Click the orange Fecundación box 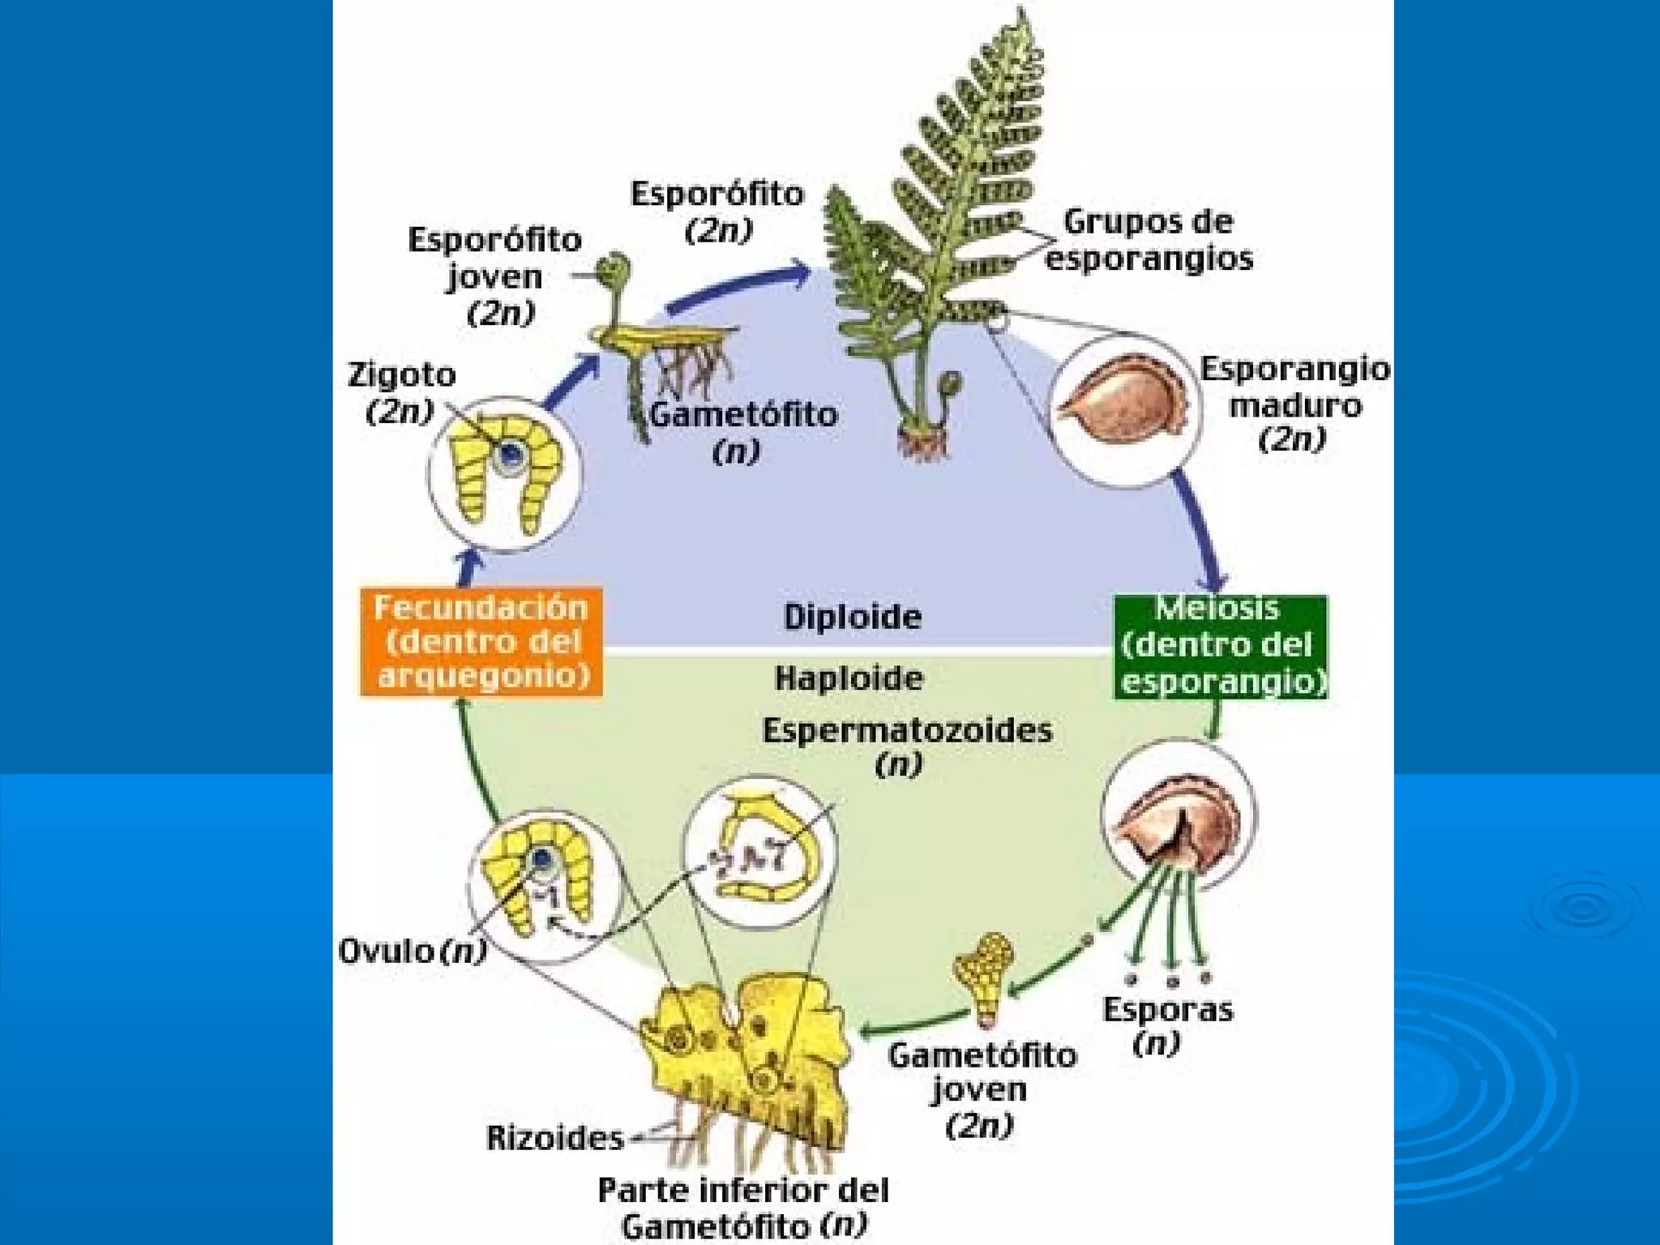tap(481, 642)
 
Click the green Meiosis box tap(1221, 646)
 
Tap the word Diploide tap(852, 618)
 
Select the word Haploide tap(849, 678)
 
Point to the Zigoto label tap(401, 375)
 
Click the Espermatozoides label tap(907, 731)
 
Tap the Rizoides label tap(554, 1138)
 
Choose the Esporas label tap(1167, 1010)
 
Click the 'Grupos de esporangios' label tap(1149, 240)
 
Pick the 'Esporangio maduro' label tap(1294, 387)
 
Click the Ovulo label tap(387, 951)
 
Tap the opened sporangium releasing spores tap(1179, 818)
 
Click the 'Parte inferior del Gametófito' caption tap(743, 1206)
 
